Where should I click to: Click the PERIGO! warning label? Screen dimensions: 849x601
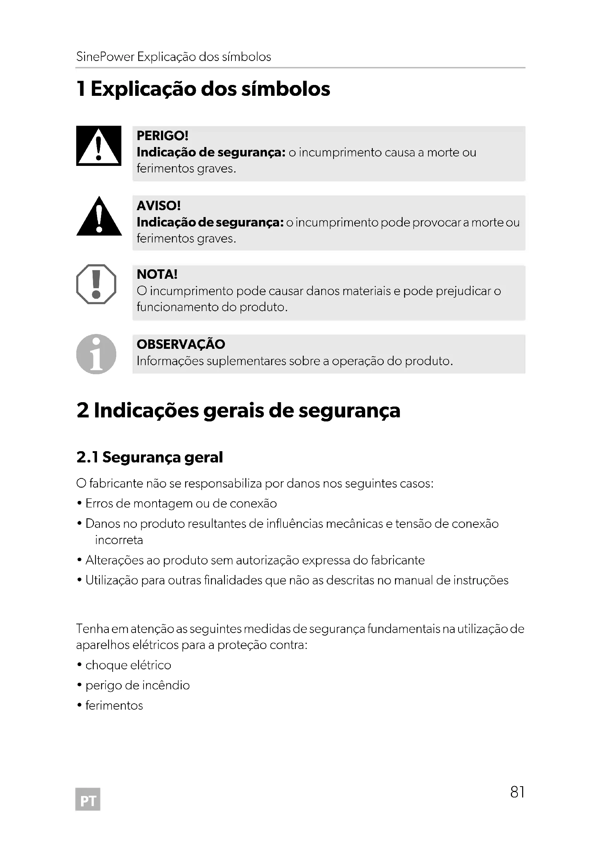coord(162,136)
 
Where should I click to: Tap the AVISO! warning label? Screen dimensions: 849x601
coord(158,205)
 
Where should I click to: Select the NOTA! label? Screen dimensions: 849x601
coord(157,274)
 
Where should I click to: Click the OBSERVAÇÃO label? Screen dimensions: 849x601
coord(181,344)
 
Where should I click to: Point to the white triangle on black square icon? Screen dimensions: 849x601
coord(98,146)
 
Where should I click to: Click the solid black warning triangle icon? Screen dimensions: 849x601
coord(99,217)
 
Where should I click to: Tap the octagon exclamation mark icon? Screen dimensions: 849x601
coord(96,284)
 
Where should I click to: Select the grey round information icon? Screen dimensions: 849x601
coord(96,354)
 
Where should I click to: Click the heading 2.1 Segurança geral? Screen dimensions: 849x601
coord(149,457)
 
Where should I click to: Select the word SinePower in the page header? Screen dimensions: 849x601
coord(105,57)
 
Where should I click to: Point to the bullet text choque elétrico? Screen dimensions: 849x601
coord(128,665)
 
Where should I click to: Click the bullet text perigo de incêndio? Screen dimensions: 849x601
coord(137,685)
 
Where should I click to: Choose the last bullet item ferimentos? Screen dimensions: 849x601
coord(114,706)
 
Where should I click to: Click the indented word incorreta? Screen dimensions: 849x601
coord(119,540)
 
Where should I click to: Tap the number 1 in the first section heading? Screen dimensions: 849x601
coord(81,89)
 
